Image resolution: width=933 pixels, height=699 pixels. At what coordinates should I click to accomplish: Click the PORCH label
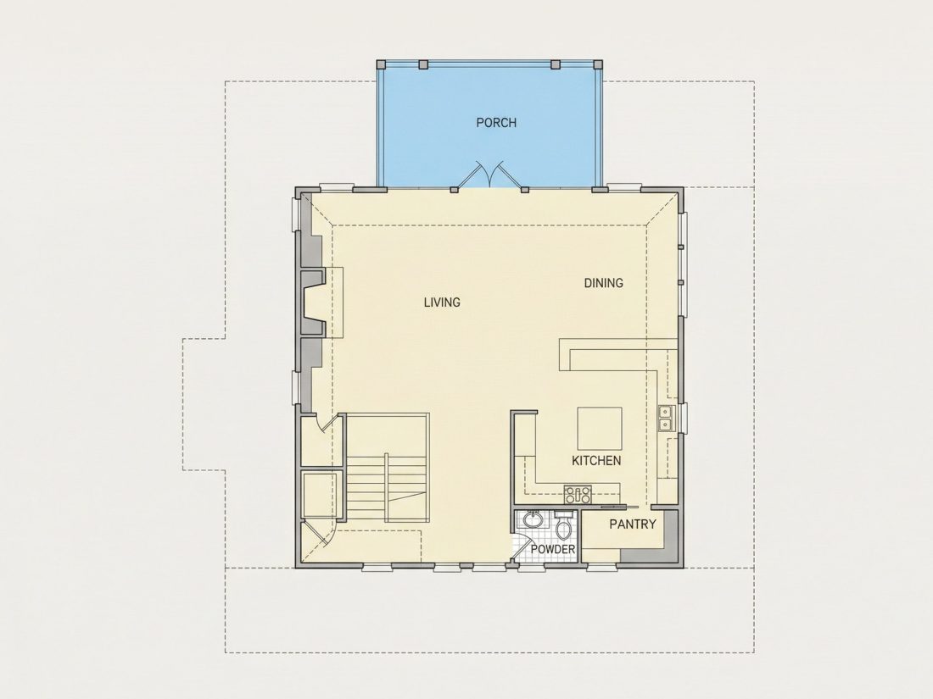[496, 123]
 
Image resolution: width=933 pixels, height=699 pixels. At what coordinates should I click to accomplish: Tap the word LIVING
[442, 302]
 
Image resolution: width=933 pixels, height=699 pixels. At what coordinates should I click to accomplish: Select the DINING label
[603, 283]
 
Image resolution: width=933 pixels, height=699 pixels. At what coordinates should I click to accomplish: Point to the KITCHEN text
[596, 461]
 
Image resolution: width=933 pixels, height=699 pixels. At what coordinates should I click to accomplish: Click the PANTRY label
[633, 524]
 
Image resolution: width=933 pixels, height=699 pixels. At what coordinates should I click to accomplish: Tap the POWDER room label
[553, 549]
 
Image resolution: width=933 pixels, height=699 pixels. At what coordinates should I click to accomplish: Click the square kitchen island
[600, 428]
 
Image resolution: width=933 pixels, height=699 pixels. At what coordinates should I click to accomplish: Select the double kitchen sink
[665, 417]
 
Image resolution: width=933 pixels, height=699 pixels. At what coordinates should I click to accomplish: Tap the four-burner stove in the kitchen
[578, 495]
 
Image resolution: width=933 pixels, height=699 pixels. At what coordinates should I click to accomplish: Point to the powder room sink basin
[534, 520]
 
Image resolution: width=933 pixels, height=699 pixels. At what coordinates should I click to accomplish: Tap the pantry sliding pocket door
[619, 507]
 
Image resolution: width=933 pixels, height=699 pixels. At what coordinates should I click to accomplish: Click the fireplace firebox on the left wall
[313, 302]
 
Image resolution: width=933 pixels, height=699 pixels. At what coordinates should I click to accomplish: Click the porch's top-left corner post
[382, 64]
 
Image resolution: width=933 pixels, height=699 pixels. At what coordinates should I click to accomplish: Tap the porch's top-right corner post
[598, 64]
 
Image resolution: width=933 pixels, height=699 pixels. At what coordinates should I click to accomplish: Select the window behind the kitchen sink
[684, 417]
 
